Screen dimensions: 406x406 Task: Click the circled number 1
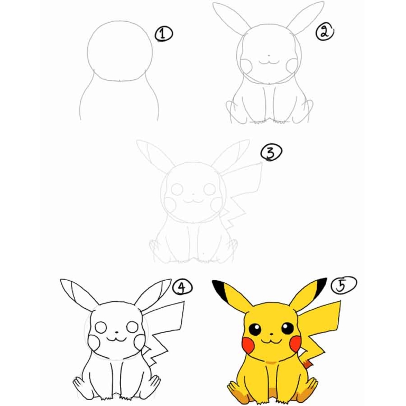pos(164,34)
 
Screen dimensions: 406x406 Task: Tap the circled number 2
pos(324,32)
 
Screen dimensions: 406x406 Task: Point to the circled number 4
pos(182,288)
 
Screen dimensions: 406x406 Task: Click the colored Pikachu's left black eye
pos(256,329)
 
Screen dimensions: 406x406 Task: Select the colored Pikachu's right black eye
pos(287,329)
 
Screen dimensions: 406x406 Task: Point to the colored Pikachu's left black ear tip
pos(219,288)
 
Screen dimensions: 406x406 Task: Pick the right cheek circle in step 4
pos(140,343)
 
